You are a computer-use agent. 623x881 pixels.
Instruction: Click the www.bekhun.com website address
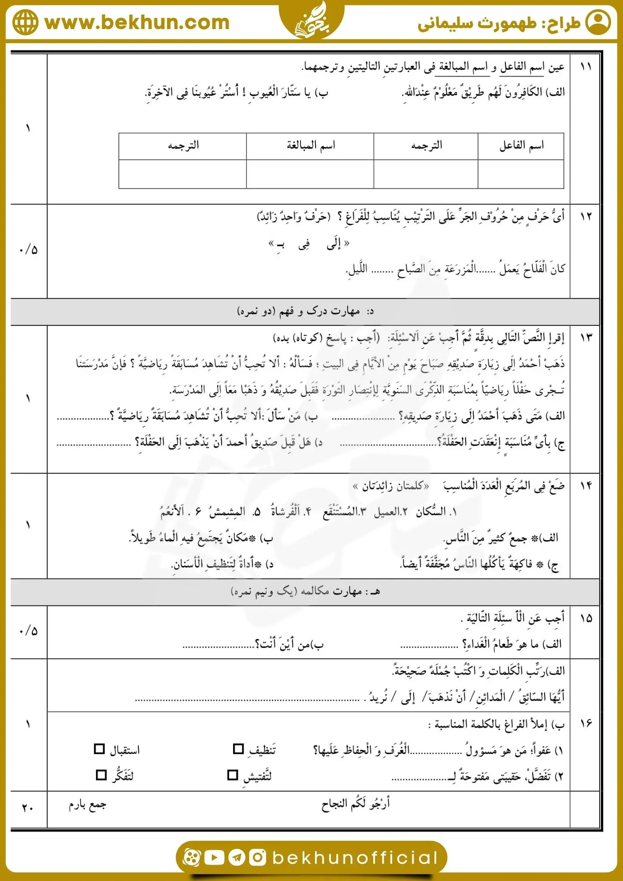pos(137,22)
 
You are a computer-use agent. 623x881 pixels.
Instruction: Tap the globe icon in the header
pos(25,22)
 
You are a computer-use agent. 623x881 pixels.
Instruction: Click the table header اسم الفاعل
pos(521,145)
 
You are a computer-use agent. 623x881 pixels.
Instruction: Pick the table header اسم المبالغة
pos(311,145)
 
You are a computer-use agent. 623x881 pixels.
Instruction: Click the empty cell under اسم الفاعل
pos(521,174)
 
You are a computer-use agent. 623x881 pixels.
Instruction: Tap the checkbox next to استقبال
pos(100,749)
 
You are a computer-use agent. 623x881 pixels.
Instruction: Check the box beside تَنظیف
pos(238,749)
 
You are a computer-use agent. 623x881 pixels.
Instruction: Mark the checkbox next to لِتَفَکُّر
pos(101,775)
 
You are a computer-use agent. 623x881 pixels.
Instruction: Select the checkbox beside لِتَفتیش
pos(233,775)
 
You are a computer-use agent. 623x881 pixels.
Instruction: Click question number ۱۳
pos(586,337)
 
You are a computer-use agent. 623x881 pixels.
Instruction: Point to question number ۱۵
pos(586,618)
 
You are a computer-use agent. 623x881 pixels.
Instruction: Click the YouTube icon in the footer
pos(215,857)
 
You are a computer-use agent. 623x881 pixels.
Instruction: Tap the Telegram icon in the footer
pos(237,857)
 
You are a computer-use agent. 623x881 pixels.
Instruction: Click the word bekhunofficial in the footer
pos(355,858)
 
